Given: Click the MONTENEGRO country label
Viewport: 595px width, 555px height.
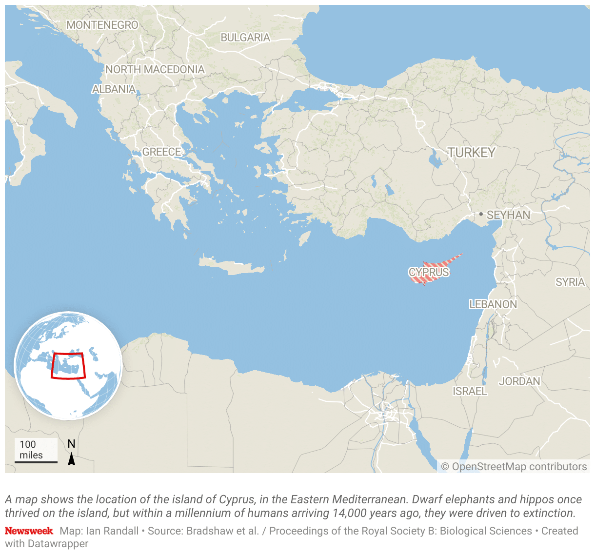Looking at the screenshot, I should point(102,25).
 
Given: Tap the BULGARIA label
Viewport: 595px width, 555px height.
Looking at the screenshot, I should point(245,38).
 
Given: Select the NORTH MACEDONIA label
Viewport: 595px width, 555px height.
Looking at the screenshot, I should point(155,70).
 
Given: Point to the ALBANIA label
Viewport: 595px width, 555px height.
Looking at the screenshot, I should point(114,89).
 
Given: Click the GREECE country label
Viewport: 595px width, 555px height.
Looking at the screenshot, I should point(161,152).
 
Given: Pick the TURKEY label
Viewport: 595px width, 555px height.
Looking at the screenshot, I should point(472,153).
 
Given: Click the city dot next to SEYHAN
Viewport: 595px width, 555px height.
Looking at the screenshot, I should point(481,214).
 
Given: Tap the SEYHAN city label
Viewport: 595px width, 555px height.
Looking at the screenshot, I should point(508,215).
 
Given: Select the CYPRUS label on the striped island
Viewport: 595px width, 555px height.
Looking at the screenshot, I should point(429,272).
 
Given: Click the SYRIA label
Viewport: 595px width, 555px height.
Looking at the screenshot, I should point(570,282).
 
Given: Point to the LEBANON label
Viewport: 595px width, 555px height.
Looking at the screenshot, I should point(493,304).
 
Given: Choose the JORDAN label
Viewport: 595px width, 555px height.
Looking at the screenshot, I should point(519,381).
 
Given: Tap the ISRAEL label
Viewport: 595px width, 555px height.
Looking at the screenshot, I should point(470,391).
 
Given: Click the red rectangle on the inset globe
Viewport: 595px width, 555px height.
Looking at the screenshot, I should point(68,366).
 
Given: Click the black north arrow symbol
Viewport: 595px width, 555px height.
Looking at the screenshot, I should point(72,459).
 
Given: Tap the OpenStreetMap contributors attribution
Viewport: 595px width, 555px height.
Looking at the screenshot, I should point(514,467).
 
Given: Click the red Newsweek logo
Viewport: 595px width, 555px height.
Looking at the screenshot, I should point(29,531).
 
